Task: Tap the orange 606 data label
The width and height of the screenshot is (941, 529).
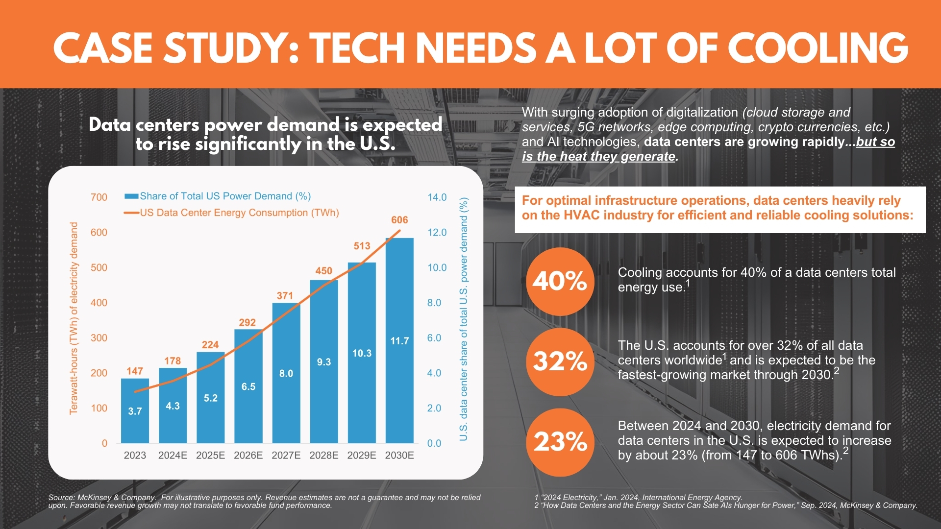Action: [399, 220]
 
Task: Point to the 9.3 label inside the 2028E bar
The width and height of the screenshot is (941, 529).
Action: [324, 362]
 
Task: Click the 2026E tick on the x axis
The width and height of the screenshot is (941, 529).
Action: [248, 455]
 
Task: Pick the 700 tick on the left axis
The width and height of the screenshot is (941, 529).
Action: [99, 197]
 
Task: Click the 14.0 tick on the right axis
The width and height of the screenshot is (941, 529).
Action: [437, 197]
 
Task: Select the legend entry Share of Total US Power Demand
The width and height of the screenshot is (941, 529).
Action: [218, 196]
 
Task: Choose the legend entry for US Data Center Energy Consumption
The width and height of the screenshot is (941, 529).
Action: [231, 213]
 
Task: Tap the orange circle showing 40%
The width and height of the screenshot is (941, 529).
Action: [560, 281]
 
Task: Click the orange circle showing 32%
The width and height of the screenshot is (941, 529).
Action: [560, 361]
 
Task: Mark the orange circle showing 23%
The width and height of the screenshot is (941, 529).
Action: [560, 442]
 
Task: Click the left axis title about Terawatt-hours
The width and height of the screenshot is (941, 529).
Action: [74, 318]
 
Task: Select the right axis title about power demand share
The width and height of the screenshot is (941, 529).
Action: [464, 318]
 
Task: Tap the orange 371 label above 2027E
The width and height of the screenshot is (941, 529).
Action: [285, 295]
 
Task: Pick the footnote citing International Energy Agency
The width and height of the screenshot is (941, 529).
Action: [638, 497]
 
